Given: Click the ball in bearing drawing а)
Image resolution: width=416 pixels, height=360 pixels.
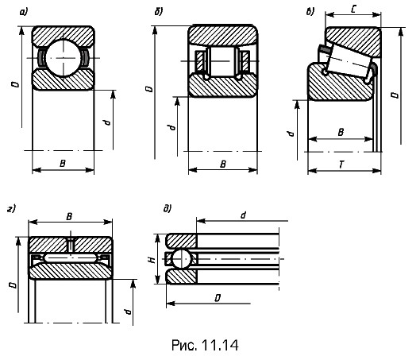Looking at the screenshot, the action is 64,58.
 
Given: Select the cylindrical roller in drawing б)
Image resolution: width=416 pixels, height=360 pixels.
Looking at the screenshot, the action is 222,61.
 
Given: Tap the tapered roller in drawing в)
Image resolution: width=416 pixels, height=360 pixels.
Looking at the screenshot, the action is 348,61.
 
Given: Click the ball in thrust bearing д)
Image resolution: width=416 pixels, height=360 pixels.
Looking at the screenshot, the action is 182,258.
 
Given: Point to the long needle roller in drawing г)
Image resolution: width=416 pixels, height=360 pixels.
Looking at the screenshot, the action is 71,257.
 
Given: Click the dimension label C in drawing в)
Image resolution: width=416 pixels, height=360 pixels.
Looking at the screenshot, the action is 353,10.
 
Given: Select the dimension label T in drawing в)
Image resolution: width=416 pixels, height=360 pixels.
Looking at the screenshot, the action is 341,165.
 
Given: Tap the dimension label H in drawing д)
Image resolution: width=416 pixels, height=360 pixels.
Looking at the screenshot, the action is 152,259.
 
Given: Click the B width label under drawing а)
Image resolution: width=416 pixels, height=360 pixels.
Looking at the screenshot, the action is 63,163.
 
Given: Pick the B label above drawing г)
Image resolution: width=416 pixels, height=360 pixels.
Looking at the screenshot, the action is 69,217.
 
